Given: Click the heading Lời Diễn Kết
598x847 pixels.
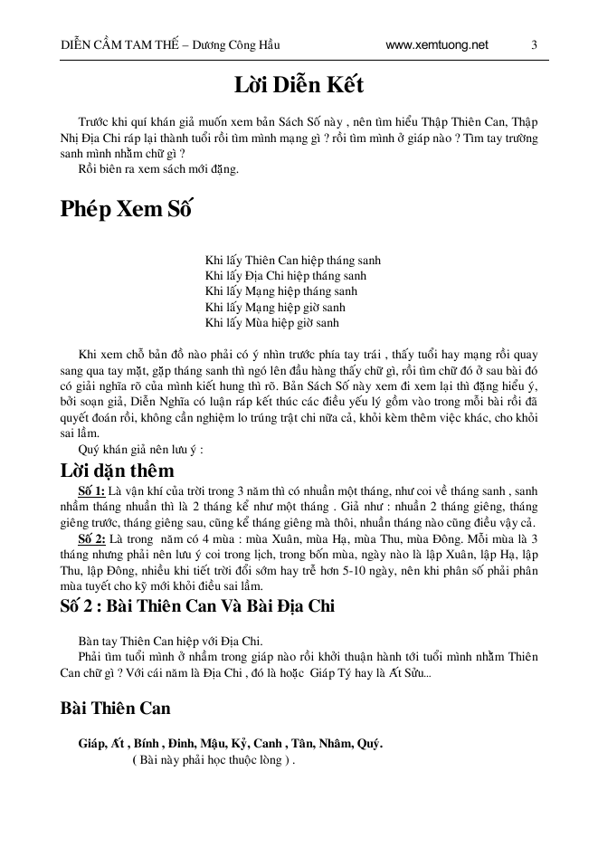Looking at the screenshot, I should (299, 87).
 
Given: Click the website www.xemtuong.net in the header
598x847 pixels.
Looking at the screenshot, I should (436, 44).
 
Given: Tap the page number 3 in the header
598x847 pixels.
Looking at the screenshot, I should (534, 44).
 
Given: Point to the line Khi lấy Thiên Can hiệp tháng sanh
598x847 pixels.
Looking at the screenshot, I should (286, 260).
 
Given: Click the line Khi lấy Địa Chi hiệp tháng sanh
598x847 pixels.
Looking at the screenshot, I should (286, 275).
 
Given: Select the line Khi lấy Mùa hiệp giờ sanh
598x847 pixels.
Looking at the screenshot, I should (271, 321).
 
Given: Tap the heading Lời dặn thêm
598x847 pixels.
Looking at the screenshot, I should (117, 471).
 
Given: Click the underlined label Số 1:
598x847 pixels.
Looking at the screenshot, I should (92, 490).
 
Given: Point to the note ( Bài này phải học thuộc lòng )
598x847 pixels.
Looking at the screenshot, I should (214, 760).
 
